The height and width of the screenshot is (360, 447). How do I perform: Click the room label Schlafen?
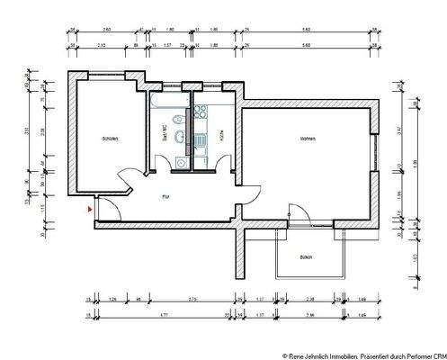click(111, 139)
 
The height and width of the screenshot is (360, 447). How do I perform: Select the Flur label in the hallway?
click(165, 195)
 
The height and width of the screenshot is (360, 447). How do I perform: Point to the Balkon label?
click(307, 256)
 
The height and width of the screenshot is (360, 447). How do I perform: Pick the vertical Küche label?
click(219, 138)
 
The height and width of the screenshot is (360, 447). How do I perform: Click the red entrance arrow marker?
click(89, 208)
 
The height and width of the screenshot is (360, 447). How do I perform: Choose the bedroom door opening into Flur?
click(129, 182)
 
